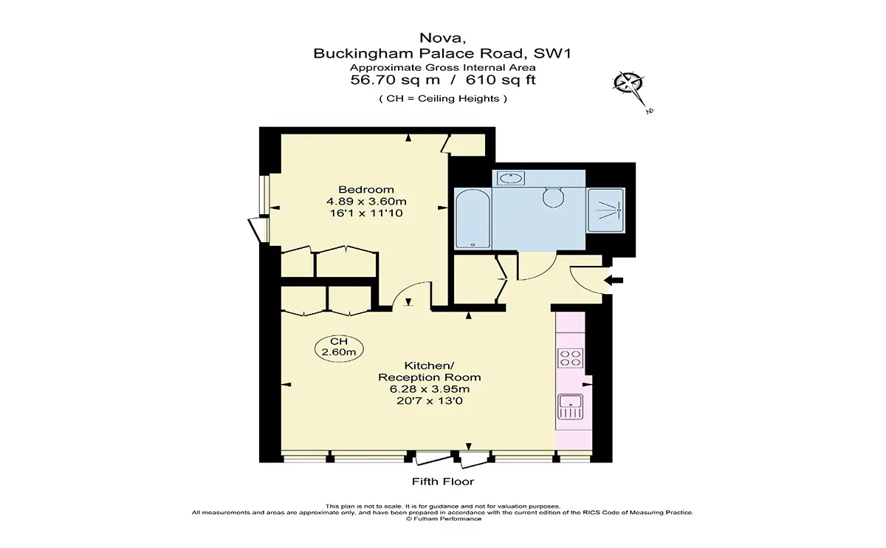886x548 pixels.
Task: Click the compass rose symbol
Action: pos(629,84)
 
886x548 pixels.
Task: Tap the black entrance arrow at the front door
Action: pos(614,280)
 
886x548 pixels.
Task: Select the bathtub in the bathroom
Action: pos(473,219)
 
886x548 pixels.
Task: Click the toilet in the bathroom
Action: pos(553,197)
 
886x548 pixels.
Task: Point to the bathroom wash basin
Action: pos(511,178)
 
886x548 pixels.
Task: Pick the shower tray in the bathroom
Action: pos(606,210)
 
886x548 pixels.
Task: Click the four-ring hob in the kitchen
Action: pos(570,357)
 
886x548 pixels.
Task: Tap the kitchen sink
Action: pos(570,407)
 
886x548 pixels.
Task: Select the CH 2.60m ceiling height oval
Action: pos(339,347)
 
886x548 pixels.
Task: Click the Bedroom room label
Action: pos(366,190)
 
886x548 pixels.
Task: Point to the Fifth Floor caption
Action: pos(442,482)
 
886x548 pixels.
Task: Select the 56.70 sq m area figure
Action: pos(395,80)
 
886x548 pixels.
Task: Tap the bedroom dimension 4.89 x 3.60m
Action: pos(366,202)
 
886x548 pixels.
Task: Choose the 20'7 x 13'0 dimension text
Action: pos(430,401)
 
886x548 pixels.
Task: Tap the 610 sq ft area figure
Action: pos(501,80)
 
